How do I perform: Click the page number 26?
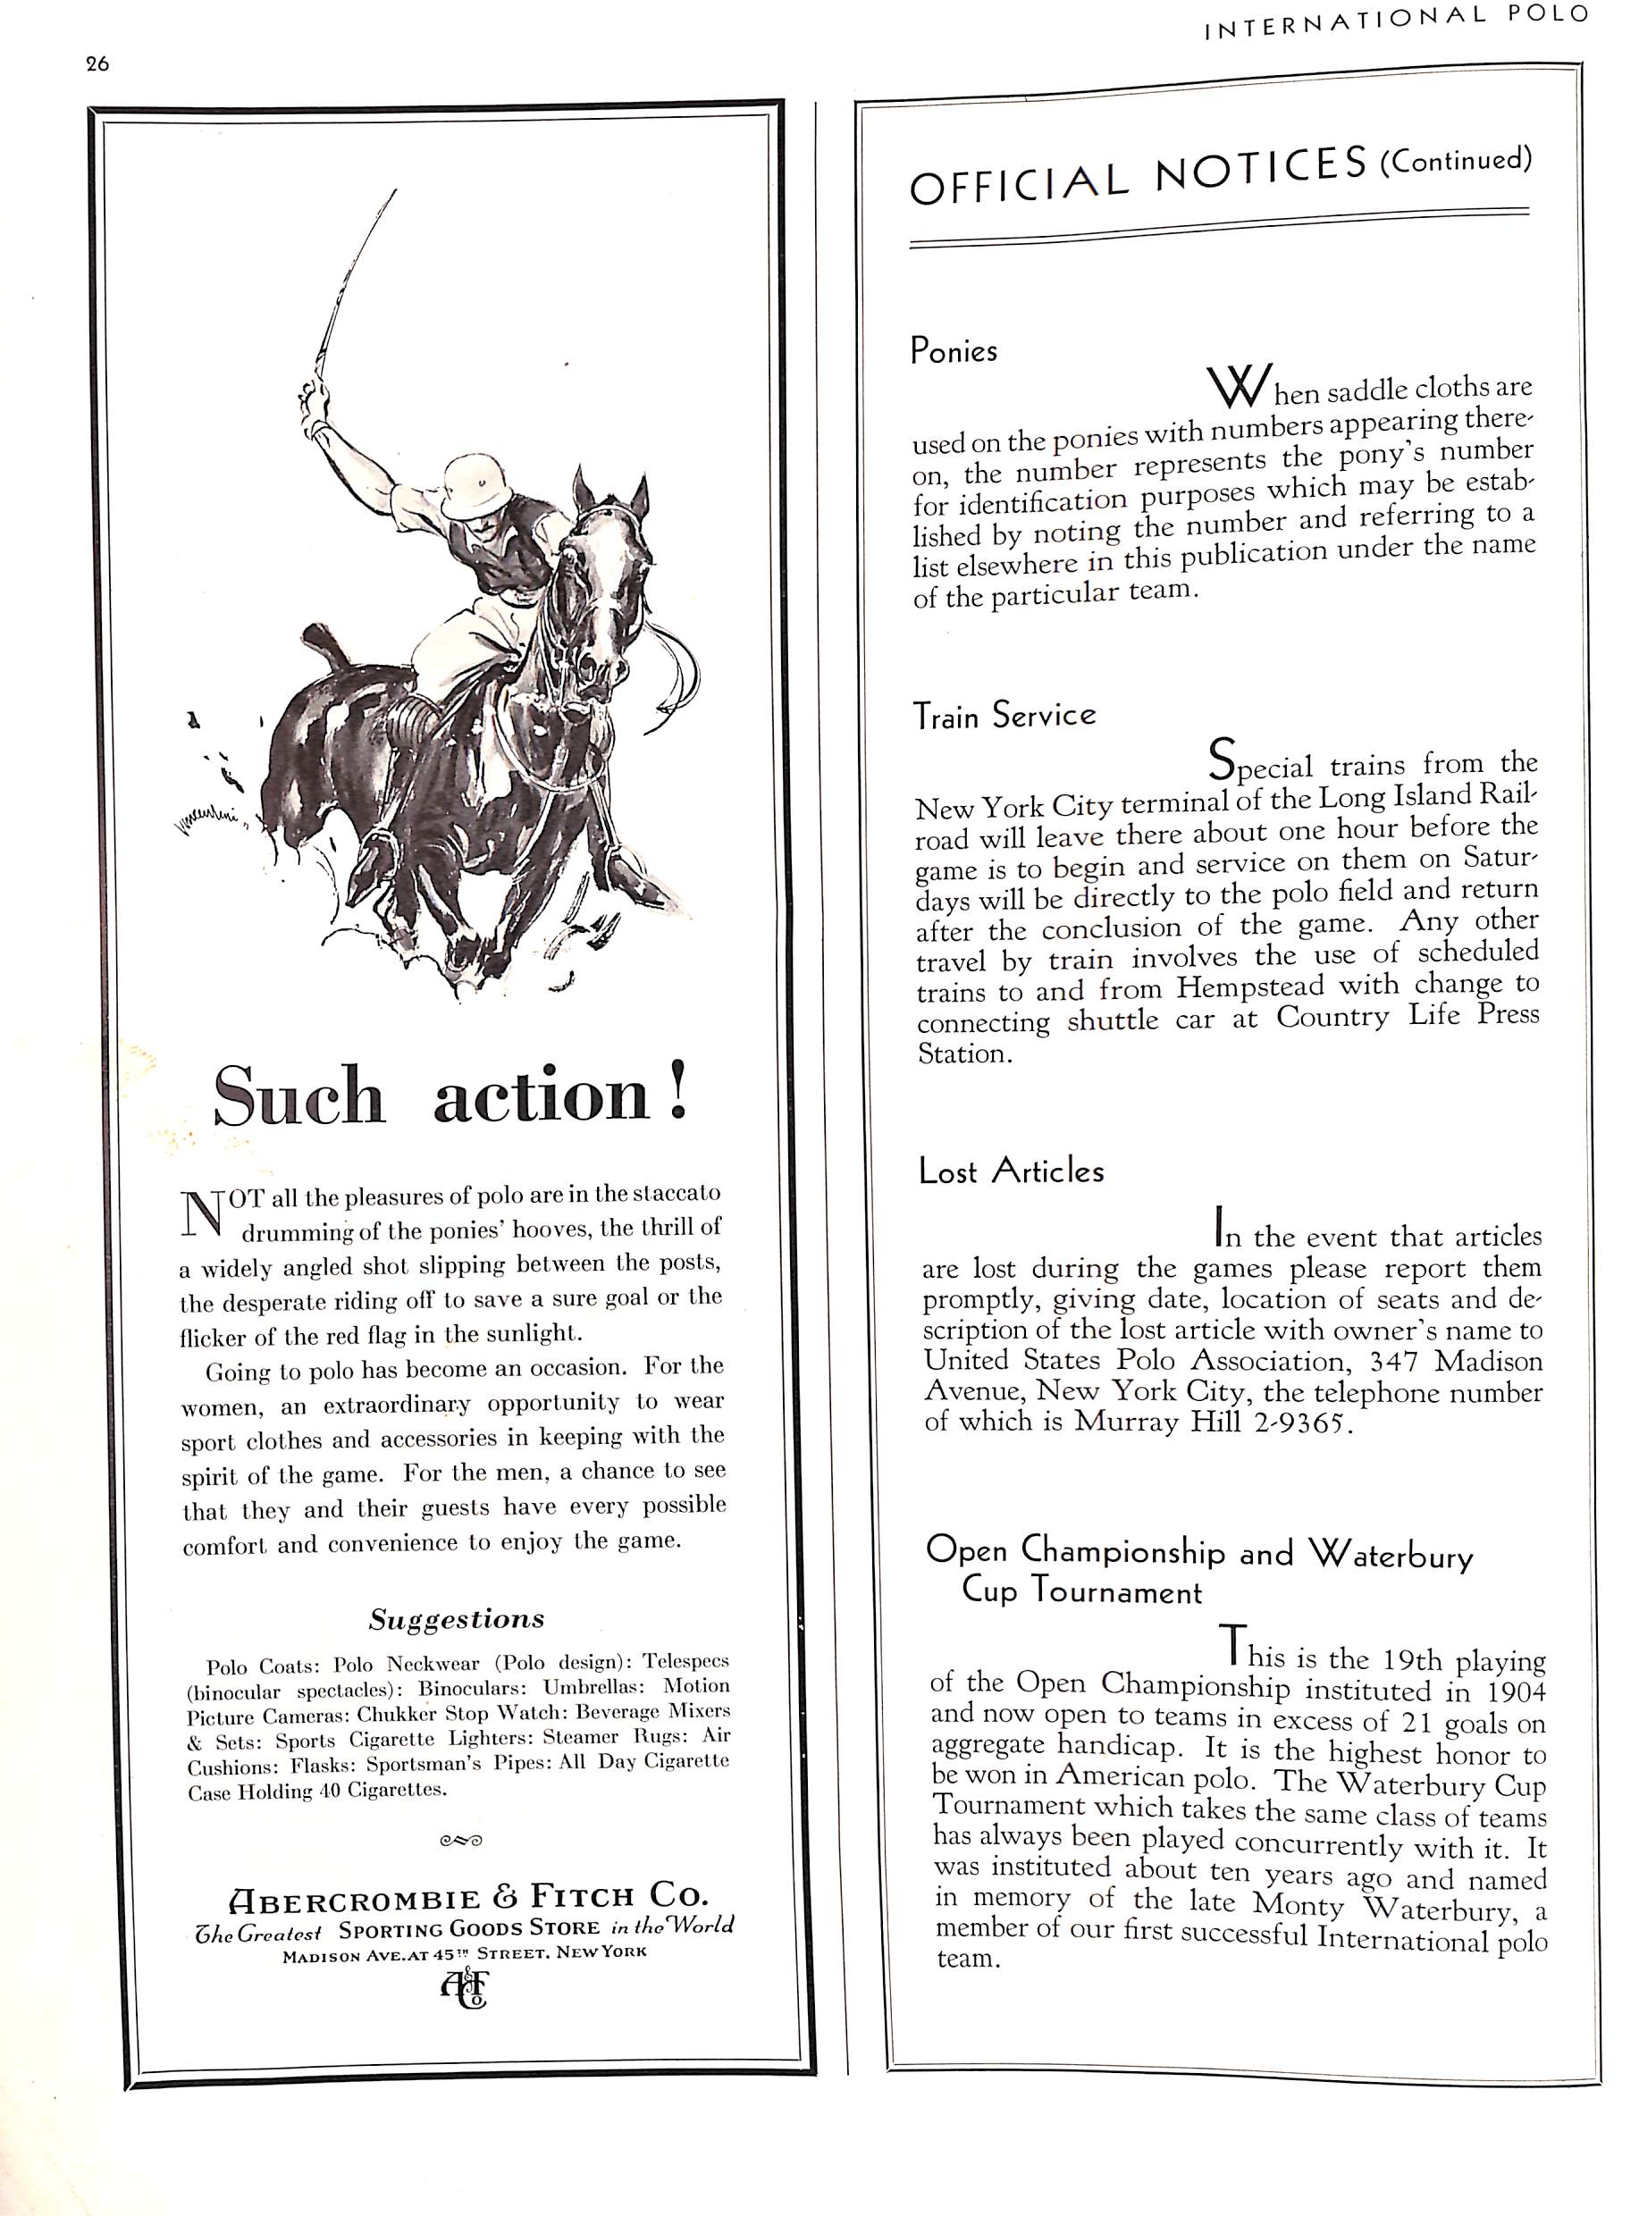click(x=97, y=64)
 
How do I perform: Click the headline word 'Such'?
click(x=298, y=1096)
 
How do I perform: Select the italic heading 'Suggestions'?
click(x=457, y=1619)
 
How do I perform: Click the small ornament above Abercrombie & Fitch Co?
click(x=460, y=1840)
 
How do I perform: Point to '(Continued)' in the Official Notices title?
click(x=1457, y=159)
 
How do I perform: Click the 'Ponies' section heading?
click(x=954, y=350)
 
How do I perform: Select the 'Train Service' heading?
click(x=1004, y=715)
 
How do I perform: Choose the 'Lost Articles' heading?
click(x=1011, y=1171)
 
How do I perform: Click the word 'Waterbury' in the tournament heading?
click(x=1391, y=1553)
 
